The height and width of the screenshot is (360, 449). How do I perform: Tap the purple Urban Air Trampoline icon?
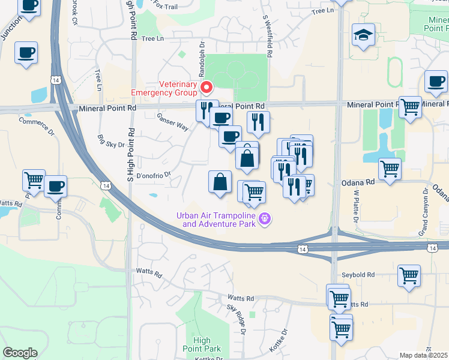point(264,220)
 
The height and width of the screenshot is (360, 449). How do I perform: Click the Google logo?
point(20,353)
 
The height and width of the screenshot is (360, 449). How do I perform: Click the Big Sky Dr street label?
point(111,141)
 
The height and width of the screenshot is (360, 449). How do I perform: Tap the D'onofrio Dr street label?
point(154,175)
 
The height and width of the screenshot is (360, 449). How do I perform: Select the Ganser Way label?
point(173,122)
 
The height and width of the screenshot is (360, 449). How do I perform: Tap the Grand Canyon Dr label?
point(424,210)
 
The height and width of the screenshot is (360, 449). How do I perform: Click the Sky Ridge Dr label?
point(237,319)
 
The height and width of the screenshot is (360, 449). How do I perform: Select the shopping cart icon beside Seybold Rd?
point(409,276)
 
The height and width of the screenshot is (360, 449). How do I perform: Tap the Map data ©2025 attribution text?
point(423,355)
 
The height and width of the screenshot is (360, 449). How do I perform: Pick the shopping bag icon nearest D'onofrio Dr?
point(220,182)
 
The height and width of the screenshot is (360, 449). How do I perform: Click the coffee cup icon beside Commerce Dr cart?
point(55,186)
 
